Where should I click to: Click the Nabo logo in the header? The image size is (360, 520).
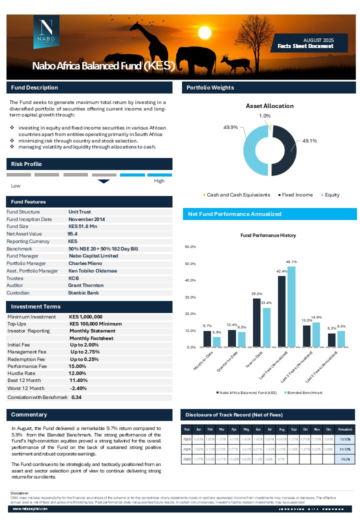click(x=46, y=31)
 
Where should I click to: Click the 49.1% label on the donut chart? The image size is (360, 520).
click(x=310, y=141)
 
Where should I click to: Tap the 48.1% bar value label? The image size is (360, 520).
click(x=291, y=261)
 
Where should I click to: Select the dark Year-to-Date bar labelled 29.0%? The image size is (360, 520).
click(x=257, y=322)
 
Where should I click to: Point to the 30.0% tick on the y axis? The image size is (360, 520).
click(x=190, y=297)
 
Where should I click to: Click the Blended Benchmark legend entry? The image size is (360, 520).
click(x=303, y=392)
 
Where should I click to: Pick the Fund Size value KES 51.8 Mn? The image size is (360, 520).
click(x=83, y=226)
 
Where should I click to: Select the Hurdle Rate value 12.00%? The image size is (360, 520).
click(x=77, y=373)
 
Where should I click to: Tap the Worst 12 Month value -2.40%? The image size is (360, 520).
click(x=78, y=388)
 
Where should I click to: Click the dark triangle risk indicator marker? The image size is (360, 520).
click(x=103, y=181)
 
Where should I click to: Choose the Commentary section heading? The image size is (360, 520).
click(x=29, y=414)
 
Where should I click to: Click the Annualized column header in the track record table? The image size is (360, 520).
click(x=344, y=429)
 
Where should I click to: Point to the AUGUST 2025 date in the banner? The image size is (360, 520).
click(x=318, y=39)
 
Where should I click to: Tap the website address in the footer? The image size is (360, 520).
click(x=30, y=508)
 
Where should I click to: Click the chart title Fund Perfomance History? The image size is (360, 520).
click(x=268, y=235)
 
